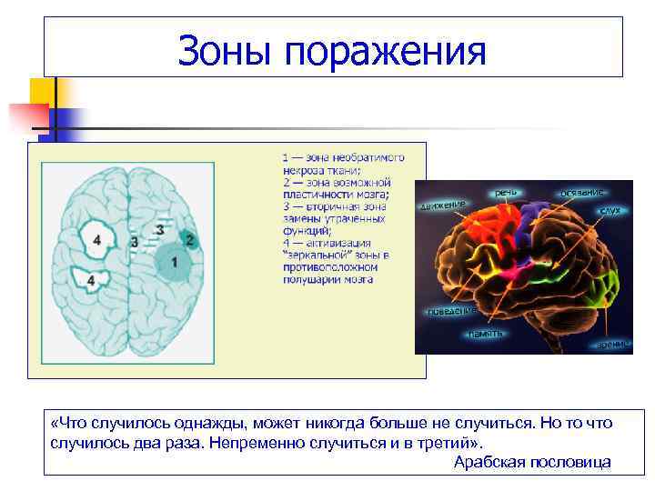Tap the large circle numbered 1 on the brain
point(176,263)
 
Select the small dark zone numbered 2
point(189,240)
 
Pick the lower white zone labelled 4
point(90,281)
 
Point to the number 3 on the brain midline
point(135,243)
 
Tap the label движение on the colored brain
point(445,205)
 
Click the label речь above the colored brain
point(507,192)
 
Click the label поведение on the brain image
point(452,311)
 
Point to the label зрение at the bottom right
point(611,345)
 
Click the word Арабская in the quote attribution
point(489,462)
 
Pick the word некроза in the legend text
point(302,170)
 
